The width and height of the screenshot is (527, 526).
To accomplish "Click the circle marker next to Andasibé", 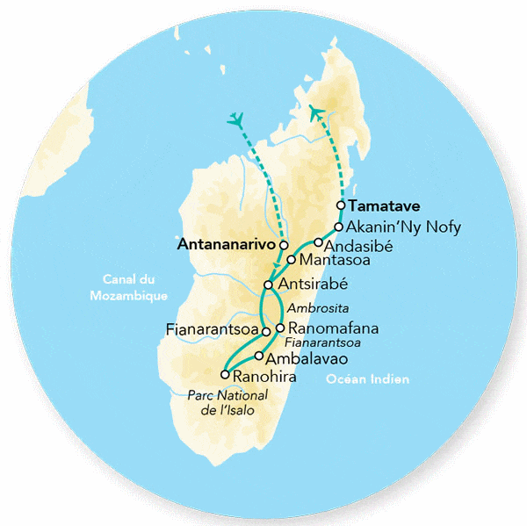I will (318, 242).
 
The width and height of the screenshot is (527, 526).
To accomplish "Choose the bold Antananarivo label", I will (227, 246).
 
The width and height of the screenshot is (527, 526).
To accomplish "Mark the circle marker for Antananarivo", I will (284, 246).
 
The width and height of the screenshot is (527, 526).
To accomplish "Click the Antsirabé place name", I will (313, 285).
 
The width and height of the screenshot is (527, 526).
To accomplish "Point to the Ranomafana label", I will (327, 328).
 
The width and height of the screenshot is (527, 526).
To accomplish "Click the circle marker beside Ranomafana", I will (279, 328).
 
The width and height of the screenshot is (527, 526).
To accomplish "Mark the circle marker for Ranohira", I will (225, 375).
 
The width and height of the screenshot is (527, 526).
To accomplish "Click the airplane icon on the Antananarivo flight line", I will (235, 119).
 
